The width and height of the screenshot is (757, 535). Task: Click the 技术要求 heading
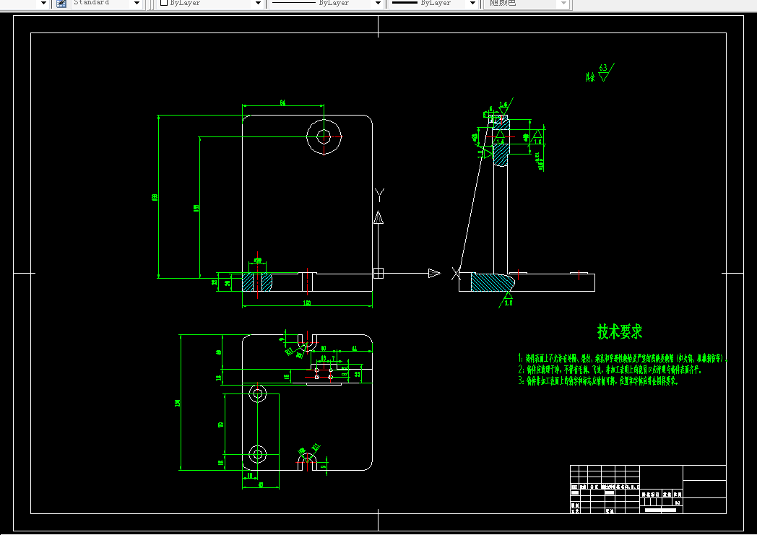pyautogui.click(x=619, y=332)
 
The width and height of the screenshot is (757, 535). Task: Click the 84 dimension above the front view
pyautogui.click(x=282, y=104)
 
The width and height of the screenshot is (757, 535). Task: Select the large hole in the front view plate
pyautogui.click(x=324, y=135)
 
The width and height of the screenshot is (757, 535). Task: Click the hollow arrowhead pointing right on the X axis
pyautogui.click(x=433, y=273)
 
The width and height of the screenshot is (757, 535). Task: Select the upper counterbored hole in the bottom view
pyautogui.click(x=257, y=393)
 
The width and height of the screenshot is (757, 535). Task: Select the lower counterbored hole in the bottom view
pyautogui.click(x=257, y=454)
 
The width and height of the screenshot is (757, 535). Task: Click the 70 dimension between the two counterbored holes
pyautogui.click(x=221, y=424)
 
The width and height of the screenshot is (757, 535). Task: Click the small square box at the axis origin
pyautogui.click(x=378, y=273)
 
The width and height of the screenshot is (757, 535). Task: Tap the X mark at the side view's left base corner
pyautogui.click(x=455, y=273)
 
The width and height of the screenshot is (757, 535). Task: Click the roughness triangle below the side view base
pyautogui.click(x=509, y=295)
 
